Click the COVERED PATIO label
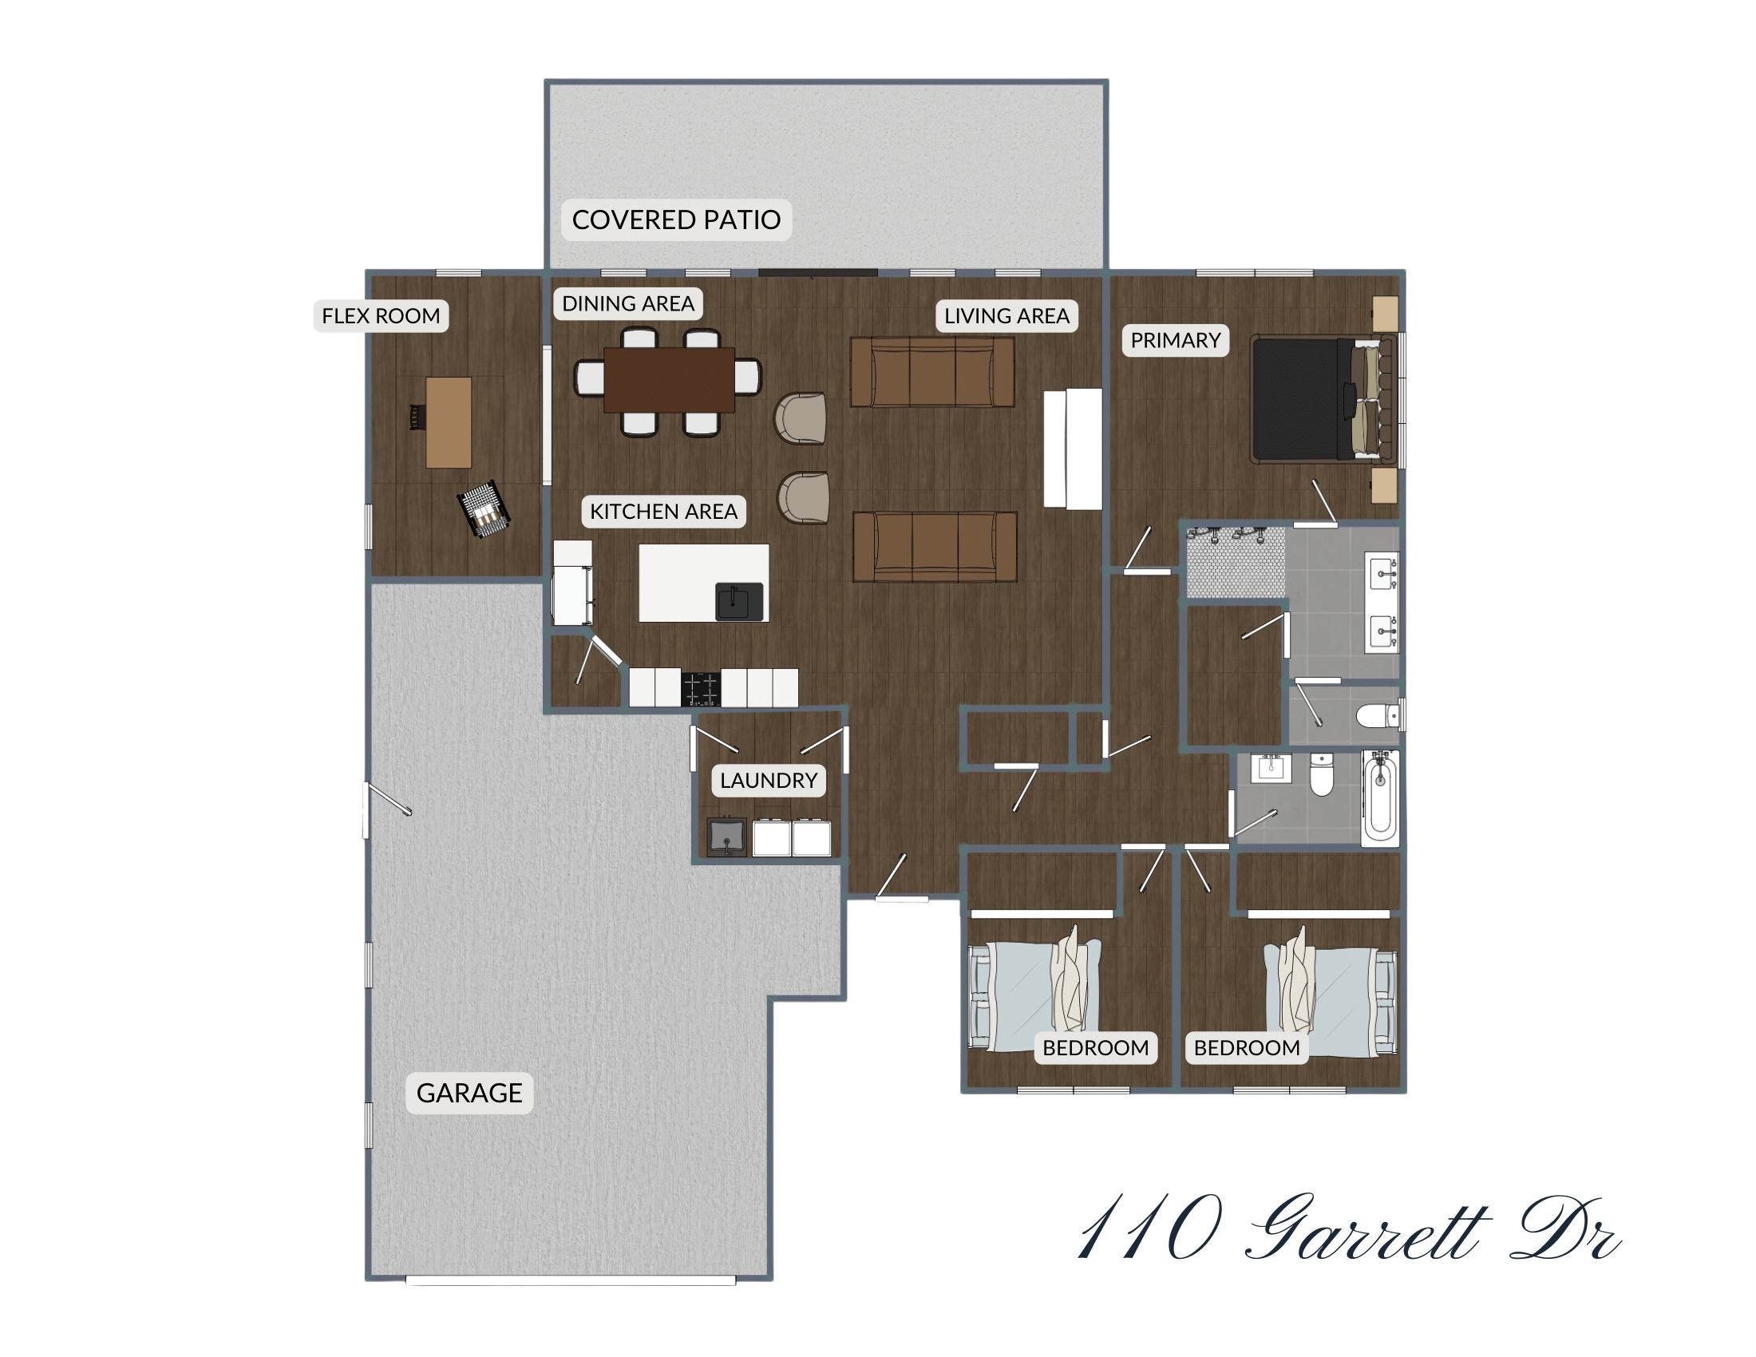tap(676, 220)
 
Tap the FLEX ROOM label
tap(380, 316)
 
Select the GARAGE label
tap(469, 1094)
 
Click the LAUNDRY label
tap(768, 781)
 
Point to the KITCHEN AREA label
tap(663, 512)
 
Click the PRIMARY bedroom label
tap(1175, 341)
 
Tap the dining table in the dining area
tap(668, 380)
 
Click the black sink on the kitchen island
tap(739, 601)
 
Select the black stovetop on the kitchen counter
tap(700, 689)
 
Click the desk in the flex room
tap(448, 423)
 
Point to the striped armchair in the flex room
tap(484, 509)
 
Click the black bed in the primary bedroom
tap(1303, 400)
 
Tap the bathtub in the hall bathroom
tap(1380, 797)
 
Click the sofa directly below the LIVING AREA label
tap(931, 372)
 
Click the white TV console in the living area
tap(1073, 449)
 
